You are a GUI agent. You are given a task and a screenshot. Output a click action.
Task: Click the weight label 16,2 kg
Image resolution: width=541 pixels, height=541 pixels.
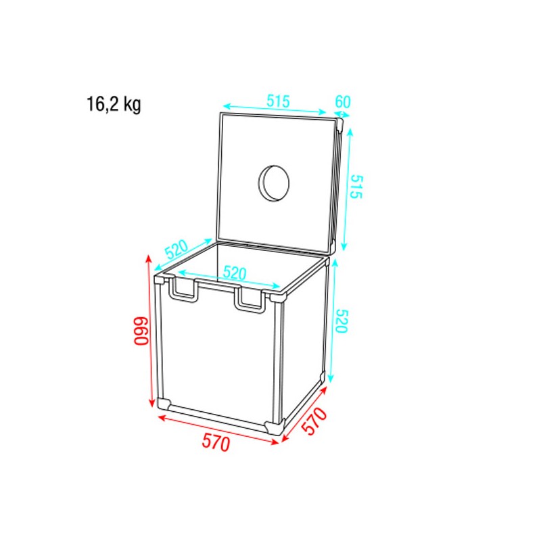tap(114, 105)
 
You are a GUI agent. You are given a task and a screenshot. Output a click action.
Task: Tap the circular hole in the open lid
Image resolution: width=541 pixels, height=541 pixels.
tap(275, 182)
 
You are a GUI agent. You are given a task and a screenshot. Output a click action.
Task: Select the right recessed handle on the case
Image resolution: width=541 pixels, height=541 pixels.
tap(250, 300)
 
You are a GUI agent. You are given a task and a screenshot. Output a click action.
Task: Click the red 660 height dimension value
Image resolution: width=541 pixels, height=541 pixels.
tap(140, 331)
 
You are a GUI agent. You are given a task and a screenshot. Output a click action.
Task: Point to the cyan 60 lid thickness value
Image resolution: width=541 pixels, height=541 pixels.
tap(343, 102)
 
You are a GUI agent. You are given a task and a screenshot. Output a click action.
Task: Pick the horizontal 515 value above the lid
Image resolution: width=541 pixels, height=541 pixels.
tap(277, 101)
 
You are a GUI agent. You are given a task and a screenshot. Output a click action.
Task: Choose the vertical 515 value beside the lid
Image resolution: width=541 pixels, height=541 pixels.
tap(356, 186)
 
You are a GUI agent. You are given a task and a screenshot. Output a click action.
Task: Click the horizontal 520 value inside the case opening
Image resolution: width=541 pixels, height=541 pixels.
tap(234, 273)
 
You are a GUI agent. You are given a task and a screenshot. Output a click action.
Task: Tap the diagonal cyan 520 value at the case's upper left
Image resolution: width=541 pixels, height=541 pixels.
tap(176, 250)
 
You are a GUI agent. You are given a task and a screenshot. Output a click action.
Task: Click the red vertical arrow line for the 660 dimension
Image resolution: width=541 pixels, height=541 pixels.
tap(149, 331)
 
